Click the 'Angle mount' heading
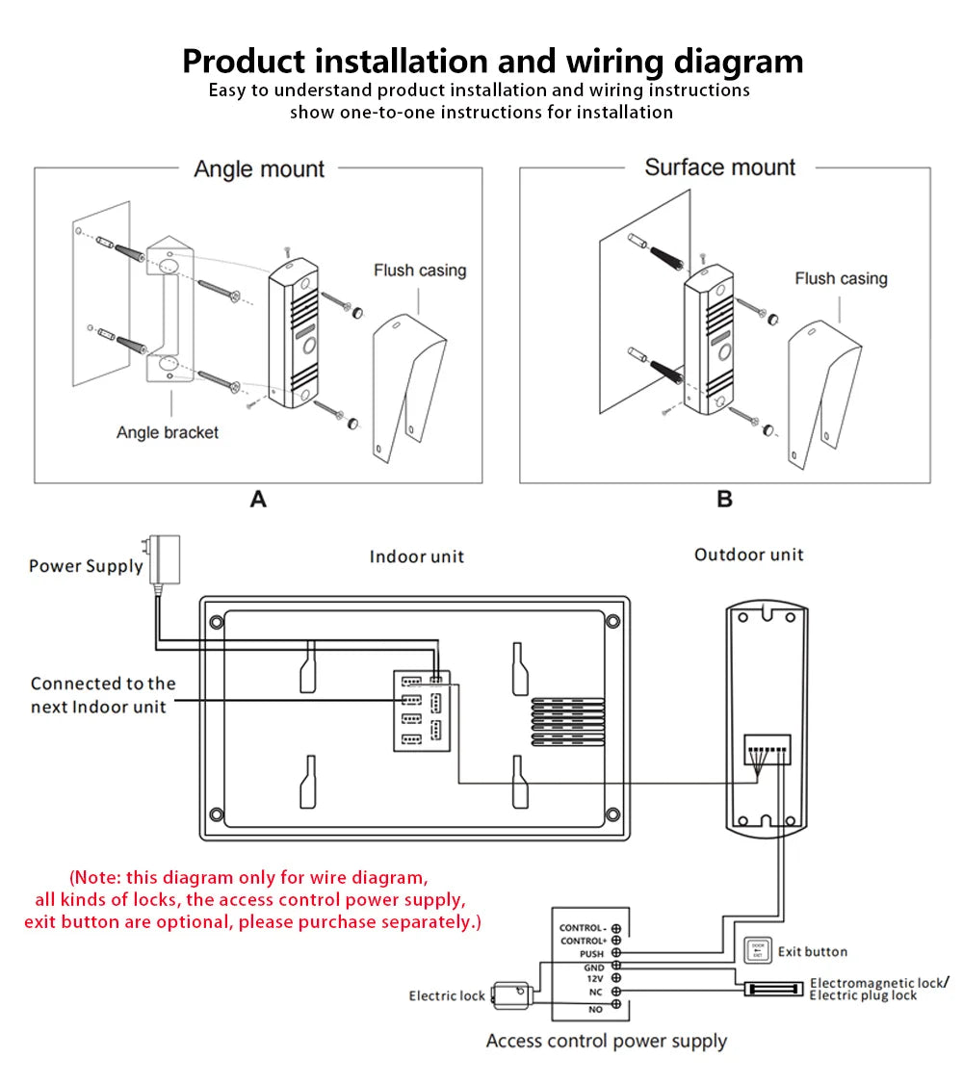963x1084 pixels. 259,169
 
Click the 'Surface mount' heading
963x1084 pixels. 719,168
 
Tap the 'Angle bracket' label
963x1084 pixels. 168,432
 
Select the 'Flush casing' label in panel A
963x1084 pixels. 420,271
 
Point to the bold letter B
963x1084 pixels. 725,500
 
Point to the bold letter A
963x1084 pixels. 258,500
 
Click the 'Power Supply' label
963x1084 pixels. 86,566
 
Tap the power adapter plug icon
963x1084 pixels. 153,559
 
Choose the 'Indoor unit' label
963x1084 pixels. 416,556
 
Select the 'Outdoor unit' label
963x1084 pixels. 748,555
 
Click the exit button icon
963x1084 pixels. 757,950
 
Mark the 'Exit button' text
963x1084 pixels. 813,951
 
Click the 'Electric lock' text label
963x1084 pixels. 447,995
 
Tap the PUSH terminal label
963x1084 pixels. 591,954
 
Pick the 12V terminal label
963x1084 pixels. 594,978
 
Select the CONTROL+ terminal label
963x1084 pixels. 582,941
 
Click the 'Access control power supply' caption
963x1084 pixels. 606,1041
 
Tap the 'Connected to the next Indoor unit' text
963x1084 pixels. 103,695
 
